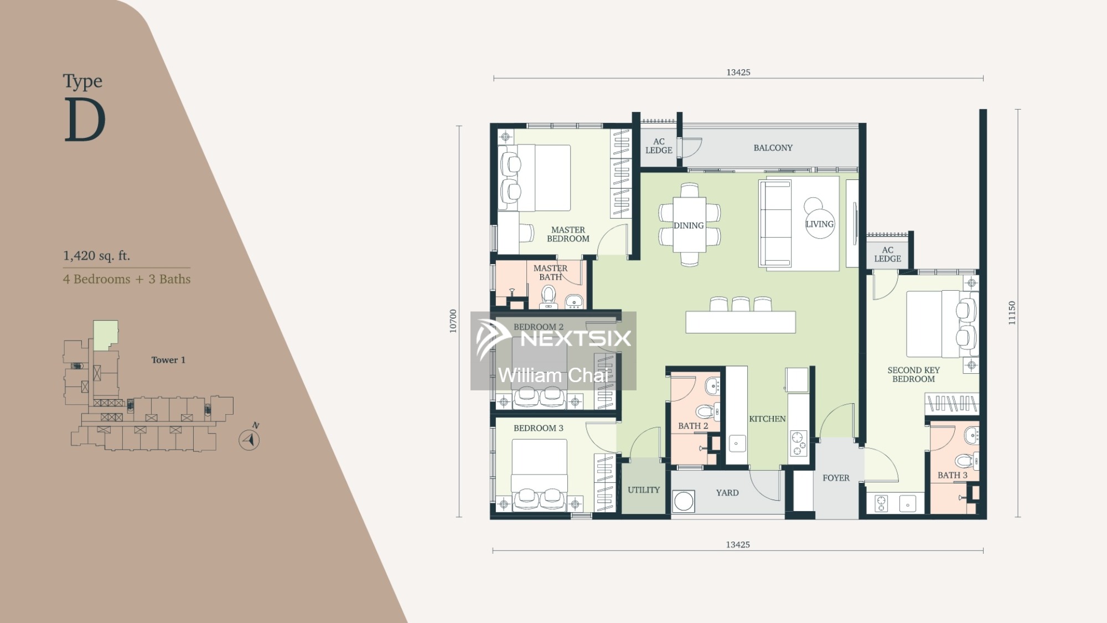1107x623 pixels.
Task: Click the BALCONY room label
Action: (773, 148)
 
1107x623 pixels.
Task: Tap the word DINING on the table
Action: (689, 225)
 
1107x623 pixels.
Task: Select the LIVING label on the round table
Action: (819, 224)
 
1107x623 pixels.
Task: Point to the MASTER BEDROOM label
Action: (568, 234)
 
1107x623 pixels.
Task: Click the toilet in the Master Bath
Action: (548, 296)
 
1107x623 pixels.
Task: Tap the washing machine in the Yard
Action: (684, 501)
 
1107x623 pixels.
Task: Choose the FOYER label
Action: (836, 478)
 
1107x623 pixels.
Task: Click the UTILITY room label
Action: (644, 490)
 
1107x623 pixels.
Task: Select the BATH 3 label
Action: (953, 475)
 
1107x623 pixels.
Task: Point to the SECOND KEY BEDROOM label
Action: (914, 374)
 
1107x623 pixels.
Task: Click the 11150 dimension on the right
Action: (1012, 313)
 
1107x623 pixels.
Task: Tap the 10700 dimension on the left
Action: (453, 321)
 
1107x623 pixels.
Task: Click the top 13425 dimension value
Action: (738, 73)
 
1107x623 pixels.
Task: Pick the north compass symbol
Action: (250, 439)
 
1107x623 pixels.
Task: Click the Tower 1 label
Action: (168, 360)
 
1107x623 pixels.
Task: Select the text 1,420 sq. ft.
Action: (96, 256)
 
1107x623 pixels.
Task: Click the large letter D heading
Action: (85, 120)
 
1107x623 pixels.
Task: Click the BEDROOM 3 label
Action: (538, 428)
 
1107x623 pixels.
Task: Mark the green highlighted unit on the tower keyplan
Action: (105, 335)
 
